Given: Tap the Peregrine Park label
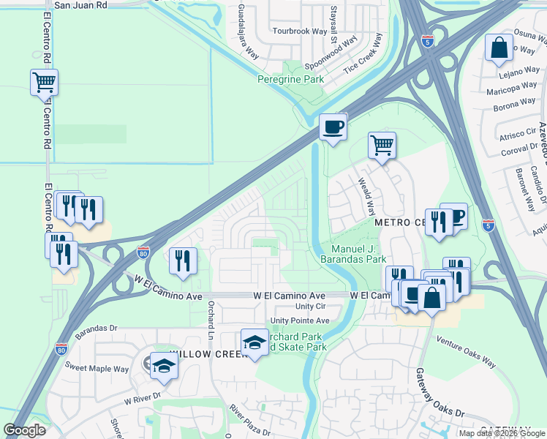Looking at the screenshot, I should (x=290, y=78).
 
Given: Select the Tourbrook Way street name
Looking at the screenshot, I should (x=299, y=31).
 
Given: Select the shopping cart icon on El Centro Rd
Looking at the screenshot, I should (x=44, y=82).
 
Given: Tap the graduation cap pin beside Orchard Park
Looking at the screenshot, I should (x=254, y=342).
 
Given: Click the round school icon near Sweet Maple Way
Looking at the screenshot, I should (x=163, y=365).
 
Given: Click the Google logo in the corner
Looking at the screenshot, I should (x=25, y=430).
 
